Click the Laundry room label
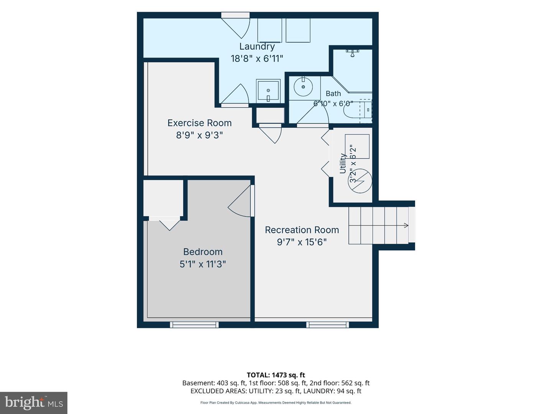(x=257, y=46)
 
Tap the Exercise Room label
(x=199, y=123)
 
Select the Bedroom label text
(x=203, y=251)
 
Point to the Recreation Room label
(x=302, y=230)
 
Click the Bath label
(x=333, y=94)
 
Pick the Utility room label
(x=343, y=163)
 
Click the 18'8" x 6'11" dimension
(x=257, y=59)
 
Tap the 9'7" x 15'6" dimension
(x=302, y=242)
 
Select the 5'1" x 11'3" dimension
(x=203, y=264)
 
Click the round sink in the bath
(x=303, y=87)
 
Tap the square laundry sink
(x=268, y=91)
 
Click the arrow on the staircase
(x=406, y=225)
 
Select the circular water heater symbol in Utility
(x=360, y=181)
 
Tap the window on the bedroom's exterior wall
(x=194, y=325)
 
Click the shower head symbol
(x=353, y=53)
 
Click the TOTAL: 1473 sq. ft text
(x=276, y=375)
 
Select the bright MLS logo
(x=34, y=402)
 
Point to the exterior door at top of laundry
(x=235, y=15)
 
